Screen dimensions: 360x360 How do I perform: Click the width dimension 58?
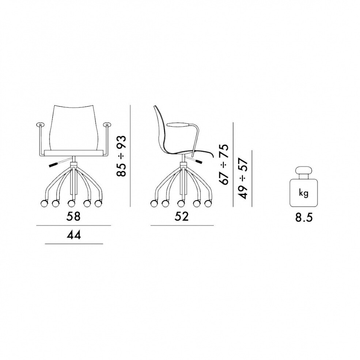coord(73,217)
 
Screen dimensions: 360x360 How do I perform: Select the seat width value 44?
coord(73,235)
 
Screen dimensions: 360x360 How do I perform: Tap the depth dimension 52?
coord(181,217)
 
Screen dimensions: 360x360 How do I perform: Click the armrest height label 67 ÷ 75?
coord(224,164)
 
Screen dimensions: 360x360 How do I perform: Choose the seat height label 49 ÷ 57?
coord(243,178)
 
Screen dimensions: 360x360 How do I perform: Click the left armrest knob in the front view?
coord(40,125)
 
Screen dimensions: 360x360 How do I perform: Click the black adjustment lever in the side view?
coord(197,161)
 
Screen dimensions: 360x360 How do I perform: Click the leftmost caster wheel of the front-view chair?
coord(44,202)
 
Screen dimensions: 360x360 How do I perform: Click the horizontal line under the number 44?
coord(73,243)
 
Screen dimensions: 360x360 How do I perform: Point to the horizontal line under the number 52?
coord(182,226)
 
